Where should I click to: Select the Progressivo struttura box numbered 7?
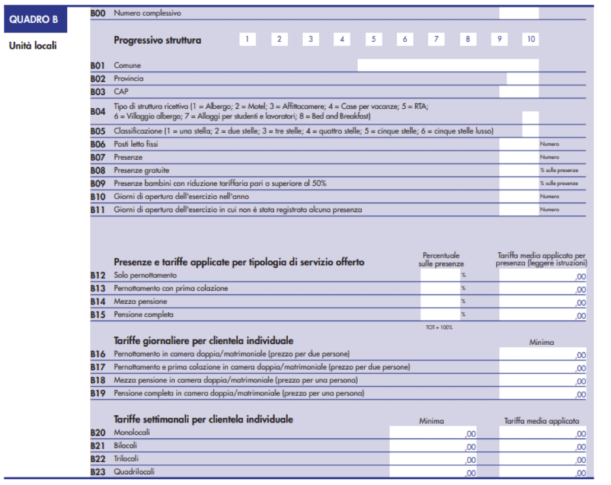click(x=436, y=39)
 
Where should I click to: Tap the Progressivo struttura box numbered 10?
click(x=531, y=39)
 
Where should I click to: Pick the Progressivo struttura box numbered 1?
click(x=247, y=39)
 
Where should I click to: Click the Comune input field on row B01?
click(x=448, y=65)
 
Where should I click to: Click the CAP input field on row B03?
click(x=519, y=91)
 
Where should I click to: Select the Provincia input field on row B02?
click(x=522, y=78)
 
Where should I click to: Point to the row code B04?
click(x=97, y=111)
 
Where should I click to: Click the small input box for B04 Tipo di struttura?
click(x=530, y=117)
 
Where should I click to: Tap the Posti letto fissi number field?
click(x=519, y=143)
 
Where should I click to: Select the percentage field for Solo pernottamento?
click(x=440, y=276)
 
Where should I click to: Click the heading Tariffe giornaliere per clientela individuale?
click(x=203, y=341)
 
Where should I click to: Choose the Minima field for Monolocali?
click(x=433, y=433)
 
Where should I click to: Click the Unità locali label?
click(x=33, y=46)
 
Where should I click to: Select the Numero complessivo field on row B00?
click(x=519, y=13)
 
